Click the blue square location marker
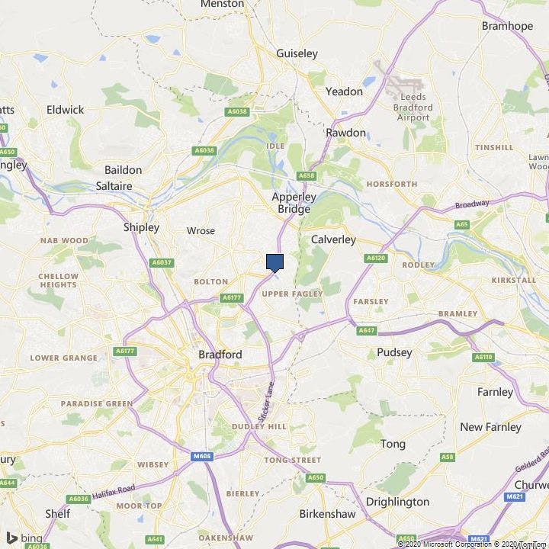pos(275,262)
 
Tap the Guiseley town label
pos(297,53)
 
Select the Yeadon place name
pos(344,91)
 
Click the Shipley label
pos(141,227)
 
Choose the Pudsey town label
pos(394,352)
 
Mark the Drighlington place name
pos(397,502)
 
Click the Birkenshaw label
pos(327,514)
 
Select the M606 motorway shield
pos(201,457)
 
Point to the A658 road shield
pos(307,176)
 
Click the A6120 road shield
pos(376,258)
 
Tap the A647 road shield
pos(367,330)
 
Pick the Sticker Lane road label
pos(265,404)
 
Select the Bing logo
pos(24,538)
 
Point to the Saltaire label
pos(114,186)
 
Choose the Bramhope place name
pos(507,26)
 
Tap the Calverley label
pos(333,239)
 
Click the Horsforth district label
pos(391,184)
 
